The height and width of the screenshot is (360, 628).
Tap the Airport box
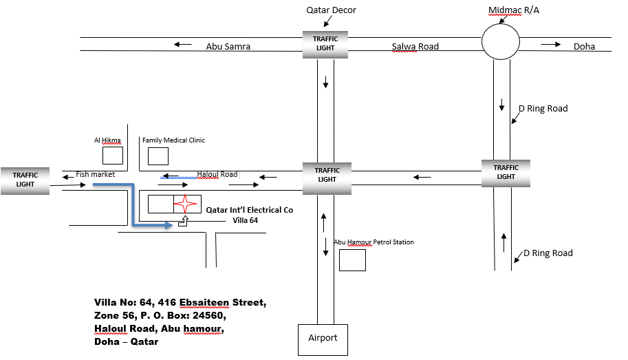point(323,339)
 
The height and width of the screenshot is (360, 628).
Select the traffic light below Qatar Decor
point(325,43)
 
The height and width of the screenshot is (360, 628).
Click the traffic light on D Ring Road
point(506,172)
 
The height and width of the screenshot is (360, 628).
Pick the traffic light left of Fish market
point(25,180)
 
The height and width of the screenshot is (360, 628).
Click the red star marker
point(184,204)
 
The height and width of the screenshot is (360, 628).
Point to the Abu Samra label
point(228,47)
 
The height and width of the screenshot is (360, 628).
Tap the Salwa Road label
point(415,47)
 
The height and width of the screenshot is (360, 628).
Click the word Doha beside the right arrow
point(584,47)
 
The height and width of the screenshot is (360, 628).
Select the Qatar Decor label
point(331,10)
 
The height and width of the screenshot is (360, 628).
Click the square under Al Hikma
point(112,156)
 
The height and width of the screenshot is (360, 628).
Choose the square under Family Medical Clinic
point(158,156)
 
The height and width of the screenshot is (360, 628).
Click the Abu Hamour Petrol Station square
point(352,260)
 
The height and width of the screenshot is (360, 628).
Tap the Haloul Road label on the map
point(217,175)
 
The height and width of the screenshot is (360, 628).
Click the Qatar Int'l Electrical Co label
point(250,210)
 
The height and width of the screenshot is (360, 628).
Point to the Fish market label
point(95,175)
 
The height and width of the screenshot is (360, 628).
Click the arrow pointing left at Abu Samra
point(182,45)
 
